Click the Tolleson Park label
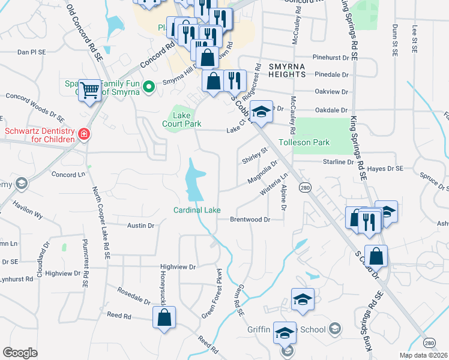click(304, 143)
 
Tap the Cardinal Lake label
click(197, 210)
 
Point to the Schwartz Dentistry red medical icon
click(85, 134)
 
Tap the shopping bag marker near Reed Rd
click(164, 317)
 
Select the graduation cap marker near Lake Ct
click(261, 112)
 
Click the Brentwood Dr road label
click(250, 220)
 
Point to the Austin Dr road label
click(140, 226)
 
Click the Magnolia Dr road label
click(262, 173)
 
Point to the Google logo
click(20, 353)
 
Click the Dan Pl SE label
click(31, 53)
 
